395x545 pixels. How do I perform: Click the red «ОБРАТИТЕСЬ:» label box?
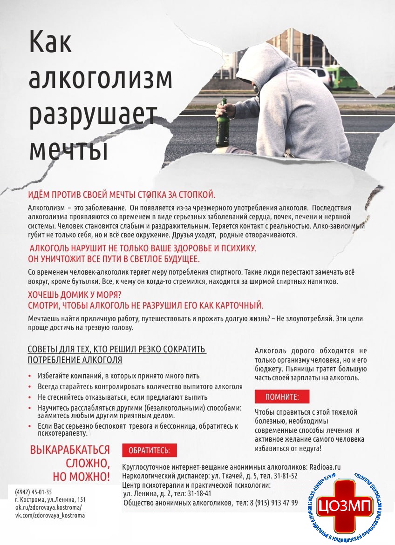149,451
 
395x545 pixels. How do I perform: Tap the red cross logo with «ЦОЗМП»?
345,505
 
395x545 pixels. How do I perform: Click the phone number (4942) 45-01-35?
33,492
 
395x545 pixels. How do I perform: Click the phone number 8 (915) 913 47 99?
274,503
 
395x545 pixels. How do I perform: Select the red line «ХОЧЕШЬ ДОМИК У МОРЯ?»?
75,295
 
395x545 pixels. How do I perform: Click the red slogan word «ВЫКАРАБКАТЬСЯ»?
70,450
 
